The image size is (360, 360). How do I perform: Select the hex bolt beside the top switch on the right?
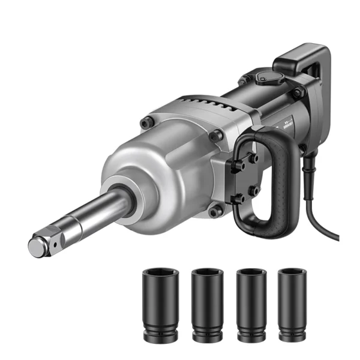click(296, 93)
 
